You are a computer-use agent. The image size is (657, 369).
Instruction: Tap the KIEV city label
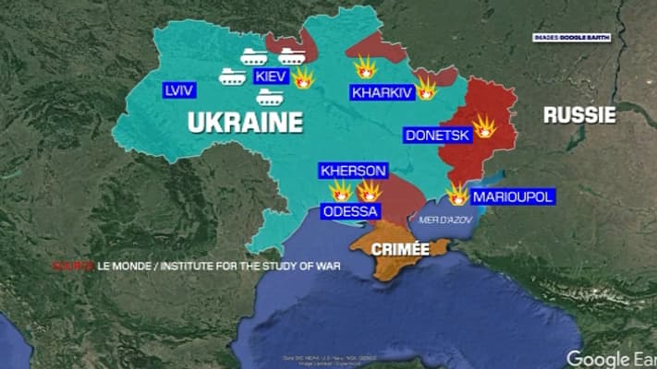pos(271,77)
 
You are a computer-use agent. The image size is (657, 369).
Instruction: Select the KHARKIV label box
pos(381,91)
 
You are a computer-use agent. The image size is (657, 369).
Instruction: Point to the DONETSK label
pos(438,136)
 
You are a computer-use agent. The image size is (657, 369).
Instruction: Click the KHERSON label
pos(353,171)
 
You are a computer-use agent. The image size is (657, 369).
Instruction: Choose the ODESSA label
pos(350,211)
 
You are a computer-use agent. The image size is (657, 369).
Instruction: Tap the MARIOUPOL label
pos(512,197)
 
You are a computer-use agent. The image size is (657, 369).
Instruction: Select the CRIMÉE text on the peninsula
pos(400,249)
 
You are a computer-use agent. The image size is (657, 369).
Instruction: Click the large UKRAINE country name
pos(246,123)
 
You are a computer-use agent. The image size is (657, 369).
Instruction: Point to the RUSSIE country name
pos(578,114)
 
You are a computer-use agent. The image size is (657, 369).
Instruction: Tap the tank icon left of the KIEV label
pos(232,76)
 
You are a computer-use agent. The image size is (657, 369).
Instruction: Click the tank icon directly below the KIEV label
pos(270,97)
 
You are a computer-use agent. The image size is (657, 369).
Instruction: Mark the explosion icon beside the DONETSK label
pos(484,127)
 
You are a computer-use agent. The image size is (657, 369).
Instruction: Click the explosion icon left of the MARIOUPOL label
pos(457,195)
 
